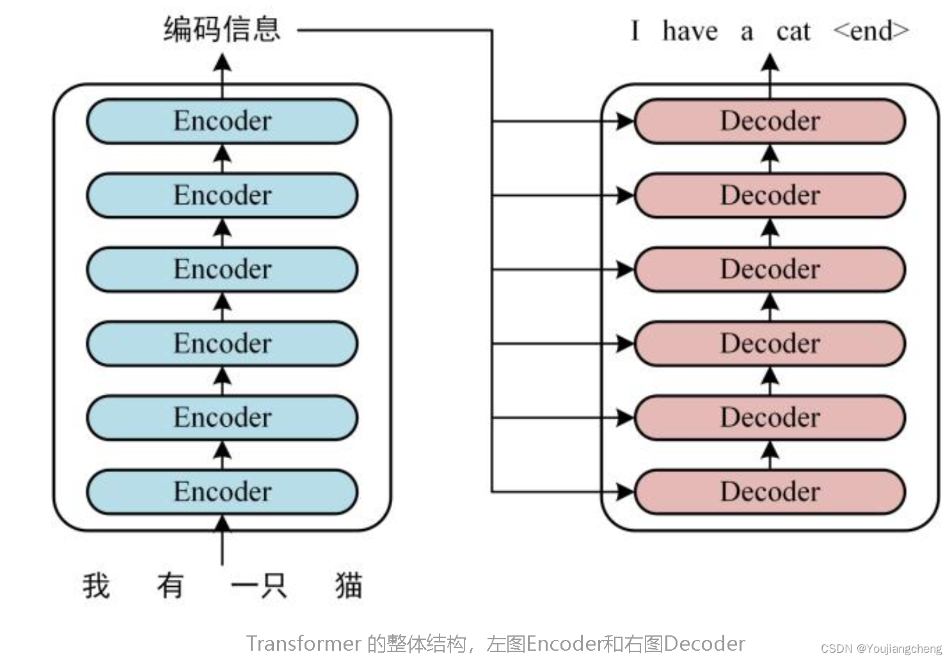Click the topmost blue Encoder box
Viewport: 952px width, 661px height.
click(222, 121)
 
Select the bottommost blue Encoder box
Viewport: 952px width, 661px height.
click(222, 491)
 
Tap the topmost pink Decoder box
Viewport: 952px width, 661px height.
click(770, 121)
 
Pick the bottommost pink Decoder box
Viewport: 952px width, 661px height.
click(770, 491)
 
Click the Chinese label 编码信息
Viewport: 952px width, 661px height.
click(222, 29)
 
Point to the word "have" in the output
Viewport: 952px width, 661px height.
click(690, 31)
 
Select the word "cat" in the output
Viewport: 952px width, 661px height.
click(793, 31)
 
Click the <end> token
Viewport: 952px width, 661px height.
click(871, 31)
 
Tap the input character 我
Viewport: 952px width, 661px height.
click(96, 585)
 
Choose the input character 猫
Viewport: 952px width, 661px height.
click(349, 585)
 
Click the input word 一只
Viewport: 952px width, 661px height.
click(258, 585)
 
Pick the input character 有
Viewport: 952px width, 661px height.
click(170, 585)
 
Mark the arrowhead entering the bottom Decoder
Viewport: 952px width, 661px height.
click(624, 491)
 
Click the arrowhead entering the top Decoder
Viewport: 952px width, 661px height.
click(624, 121)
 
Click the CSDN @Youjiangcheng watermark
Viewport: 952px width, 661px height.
click(881, 648)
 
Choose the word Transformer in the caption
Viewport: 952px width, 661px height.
click(304, 643)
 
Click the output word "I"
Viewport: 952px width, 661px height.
click(635, 31)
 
